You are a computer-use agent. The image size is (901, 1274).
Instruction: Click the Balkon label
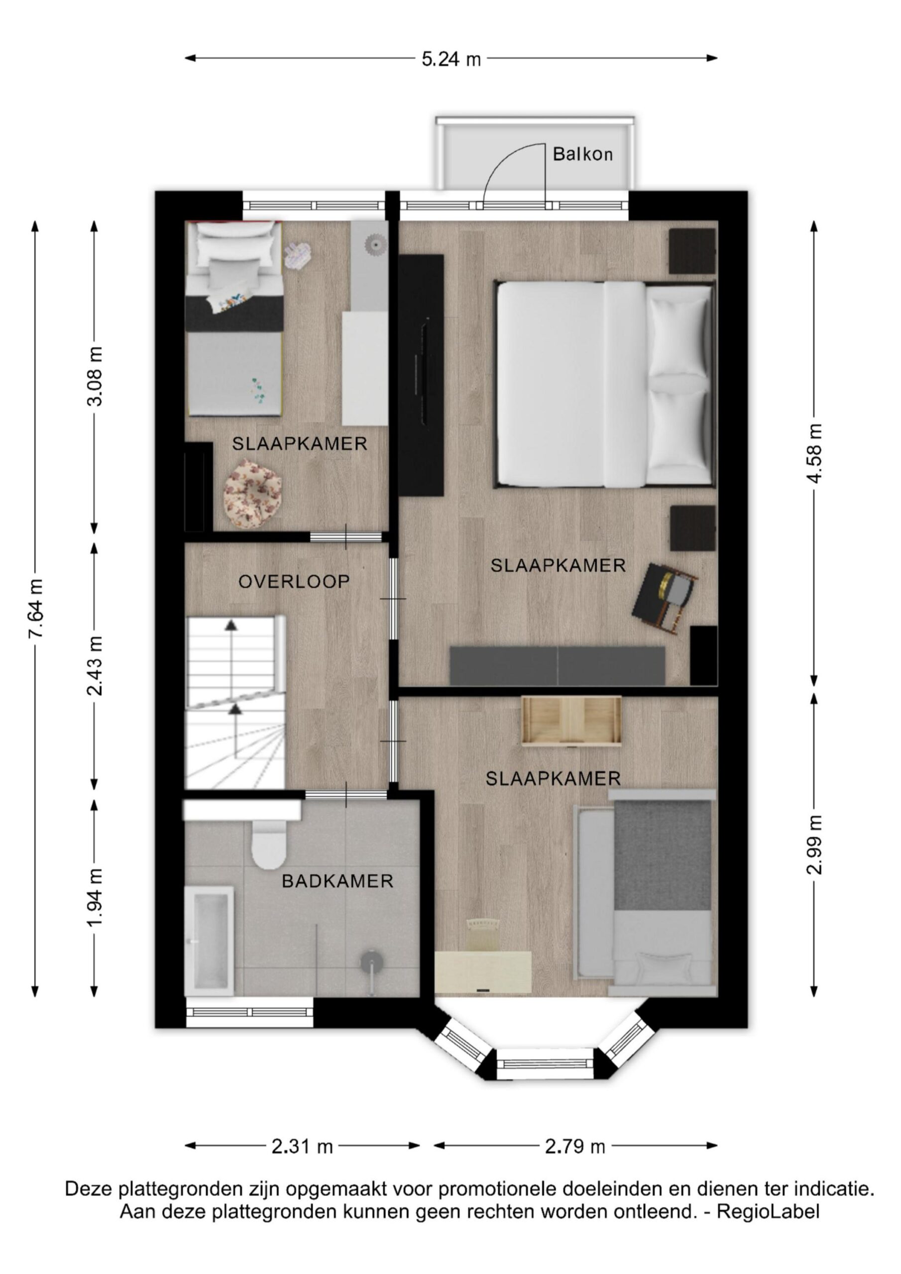(582, 154)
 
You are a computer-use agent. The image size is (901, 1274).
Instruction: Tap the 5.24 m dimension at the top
(451, 58)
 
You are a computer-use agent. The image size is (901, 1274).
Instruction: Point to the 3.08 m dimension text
(96, 376)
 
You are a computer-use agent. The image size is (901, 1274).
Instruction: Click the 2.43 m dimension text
(96, 665)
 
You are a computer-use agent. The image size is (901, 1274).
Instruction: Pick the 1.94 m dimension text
(96, 897)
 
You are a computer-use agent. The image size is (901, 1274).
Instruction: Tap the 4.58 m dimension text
(814, 453)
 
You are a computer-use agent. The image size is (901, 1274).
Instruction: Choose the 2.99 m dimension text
(814, 844)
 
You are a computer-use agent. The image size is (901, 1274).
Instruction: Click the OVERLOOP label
(294, 582)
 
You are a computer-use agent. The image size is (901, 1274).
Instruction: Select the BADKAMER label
(338, 881)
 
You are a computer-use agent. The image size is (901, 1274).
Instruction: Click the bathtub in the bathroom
(209, 938)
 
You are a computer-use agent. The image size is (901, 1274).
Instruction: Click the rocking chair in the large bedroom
(665, 597)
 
